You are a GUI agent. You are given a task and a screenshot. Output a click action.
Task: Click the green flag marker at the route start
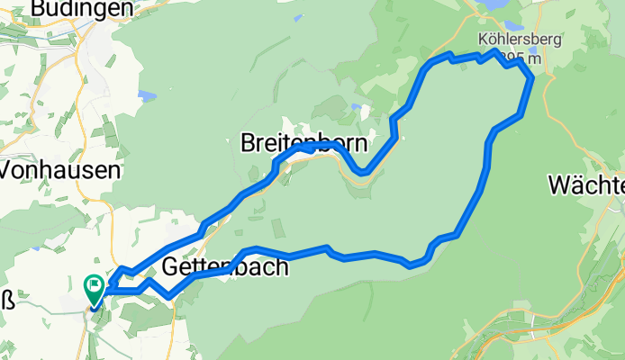[x=94, y=288]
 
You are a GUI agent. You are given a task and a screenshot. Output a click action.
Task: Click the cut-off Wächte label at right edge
[x=586, y=186]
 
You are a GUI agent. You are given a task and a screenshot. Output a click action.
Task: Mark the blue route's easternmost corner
[x=532, y=78]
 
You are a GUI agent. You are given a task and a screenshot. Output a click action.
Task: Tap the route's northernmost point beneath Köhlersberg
[x=494, y=51]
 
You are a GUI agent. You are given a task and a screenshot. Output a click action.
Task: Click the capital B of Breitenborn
[x=249, y=143]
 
